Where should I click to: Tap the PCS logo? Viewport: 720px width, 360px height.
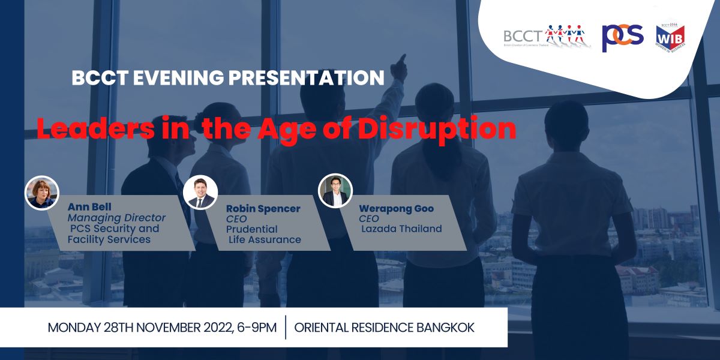[x=623, y=38]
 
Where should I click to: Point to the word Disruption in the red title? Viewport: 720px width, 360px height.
[x=437, y=129]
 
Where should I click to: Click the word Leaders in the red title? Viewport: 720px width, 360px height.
[x=96, y=128]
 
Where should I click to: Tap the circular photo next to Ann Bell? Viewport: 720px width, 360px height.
[x=42, y=193]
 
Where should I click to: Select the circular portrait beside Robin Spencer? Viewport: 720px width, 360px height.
[x=200, y=192]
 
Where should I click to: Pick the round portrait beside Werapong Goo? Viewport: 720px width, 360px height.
[x=335, y=191]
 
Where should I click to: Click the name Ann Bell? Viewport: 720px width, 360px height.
[x=89, y=206]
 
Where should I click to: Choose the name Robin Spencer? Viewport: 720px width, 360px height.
[x=263, y=209]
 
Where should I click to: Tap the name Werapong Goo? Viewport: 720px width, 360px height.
[x=397, y=209]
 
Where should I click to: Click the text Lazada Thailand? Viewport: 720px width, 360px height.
[x=401, y=229]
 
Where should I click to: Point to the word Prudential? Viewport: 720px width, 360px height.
[x=251, y=229]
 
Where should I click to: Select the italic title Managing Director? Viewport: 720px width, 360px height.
[x=116, y=218]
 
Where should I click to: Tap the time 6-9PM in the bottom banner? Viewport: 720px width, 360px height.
[x=257, y=328]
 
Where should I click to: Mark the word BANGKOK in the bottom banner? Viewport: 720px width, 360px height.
[x=445, y=328]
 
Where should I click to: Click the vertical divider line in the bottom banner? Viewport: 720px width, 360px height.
[x=286, y=327]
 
